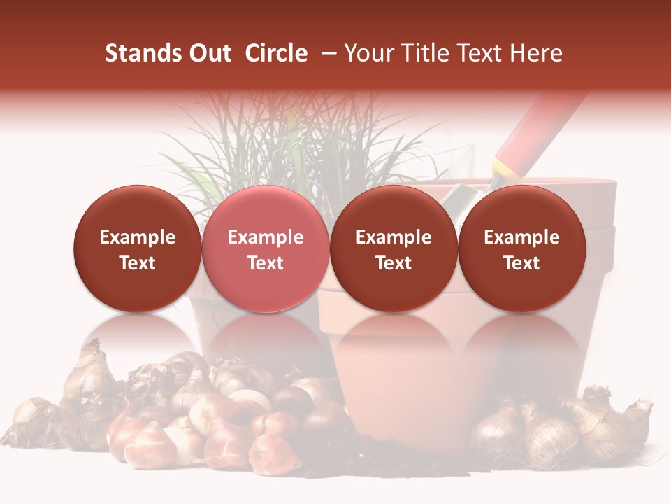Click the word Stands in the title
[x=143, y=54]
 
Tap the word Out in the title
[x=208, y=54]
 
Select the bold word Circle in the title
[x=276, y=54]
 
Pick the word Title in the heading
[x=419, y=54]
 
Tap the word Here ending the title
[x=535, y=54]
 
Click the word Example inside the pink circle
[x=266, y=237]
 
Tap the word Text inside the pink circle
[x=266, y=263]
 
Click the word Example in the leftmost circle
[x=138, y=237]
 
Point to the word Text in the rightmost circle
[x=521, y=263]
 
